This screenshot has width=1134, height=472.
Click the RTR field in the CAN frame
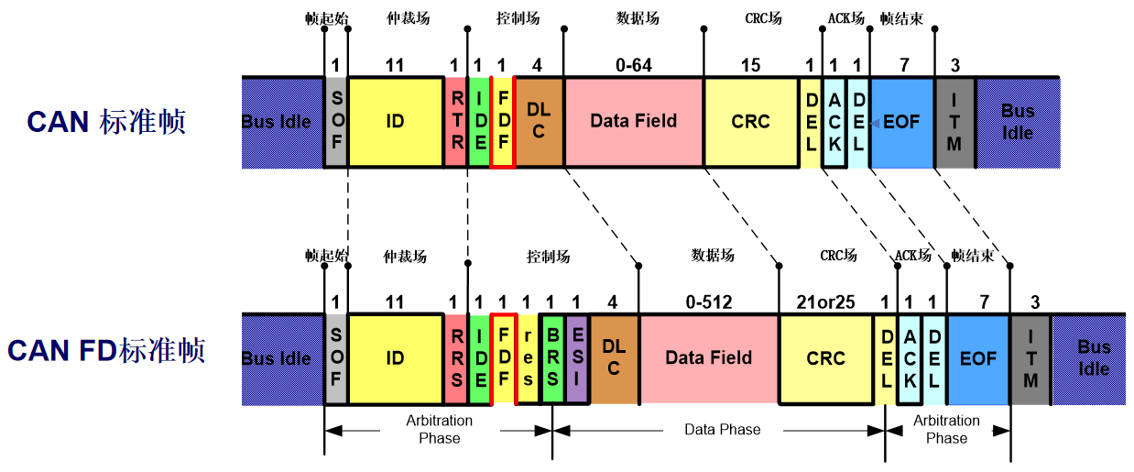click(455, 122)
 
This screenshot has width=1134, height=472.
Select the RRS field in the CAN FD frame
click(455, 358)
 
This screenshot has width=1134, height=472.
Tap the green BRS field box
click(552, 358)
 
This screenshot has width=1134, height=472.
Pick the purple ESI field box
click(577, 358)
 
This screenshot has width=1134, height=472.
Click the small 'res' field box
click(529, 358)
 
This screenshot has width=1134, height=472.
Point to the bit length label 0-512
click(709, 302)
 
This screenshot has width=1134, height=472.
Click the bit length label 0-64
click(633, 66)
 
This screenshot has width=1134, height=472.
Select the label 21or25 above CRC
click(825, 302)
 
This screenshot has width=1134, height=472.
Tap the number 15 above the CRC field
click(750, 66)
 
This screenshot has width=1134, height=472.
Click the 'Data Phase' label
click(722, 429)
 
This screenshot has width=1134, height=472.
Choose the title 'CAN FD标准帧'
click(106, 351)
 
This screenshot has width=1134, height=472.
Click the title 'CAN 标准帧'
click(106, 122)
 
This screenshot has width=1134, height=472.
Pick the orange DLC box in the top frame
click(540, 122)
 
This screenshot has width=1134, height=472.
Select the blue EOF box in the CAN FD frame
click(978, 358)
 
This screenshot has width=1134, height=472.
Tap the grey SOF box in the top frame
click(336, 122)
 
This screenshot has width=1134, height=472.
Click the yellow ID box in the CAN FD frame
click(395, 358)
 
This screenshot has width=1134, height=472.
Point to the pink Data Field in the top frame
click(633, 122)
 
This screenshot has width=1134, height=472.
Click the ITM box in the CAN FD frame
click(1030, 358)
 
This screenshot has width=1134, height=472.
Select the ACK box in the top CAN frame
click(834, 122)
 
